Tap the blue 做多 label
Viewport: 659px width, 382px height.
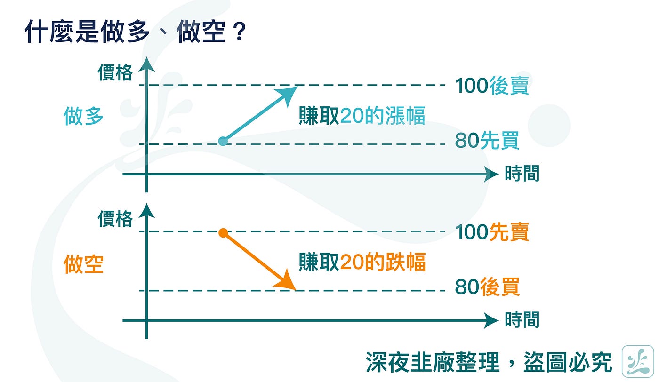coord(83,116)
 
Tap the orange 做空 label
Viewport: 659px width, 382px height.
coord(83,264)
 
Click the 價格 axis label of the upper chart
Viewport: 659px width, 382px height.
coord(115,73)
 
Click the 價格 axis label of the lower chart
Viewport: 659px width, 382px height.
coord(115,219)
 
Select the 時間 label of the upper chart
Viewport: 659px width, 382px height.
coord(522,174)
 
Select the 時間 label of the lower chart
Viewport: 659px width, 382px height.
coord(522,320)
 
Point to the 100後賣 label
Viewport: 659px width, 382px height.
coord(491,86)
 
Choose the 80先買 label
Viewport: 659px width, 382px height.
coord(487,141)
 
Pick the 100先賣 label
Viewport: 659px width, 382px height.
coord(491,232)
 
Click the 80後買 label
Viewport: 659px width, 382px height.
coord(487,287)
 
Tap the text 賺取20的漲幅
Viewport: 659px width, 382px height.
coord(362,116)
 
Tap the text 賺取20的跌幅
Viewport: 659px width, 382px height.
coord(362,263)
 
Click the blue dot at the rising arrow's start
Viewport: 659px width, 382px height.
coord(224,141)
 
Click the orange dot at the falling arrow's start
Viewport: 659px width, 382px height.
coord(224,232)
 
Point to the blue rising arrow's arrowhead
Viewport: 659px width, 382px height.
coord(288,92)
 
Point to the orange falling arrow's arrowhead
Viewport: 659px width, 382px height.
coord(287,283)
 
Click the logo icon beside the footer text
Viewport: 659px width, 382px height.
coord(637,361)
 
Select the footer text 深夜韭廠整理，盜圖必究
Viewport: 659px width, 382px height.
coord(489,363)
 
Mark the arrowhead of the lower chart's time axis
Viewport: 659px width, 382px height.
coord(492,321)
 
